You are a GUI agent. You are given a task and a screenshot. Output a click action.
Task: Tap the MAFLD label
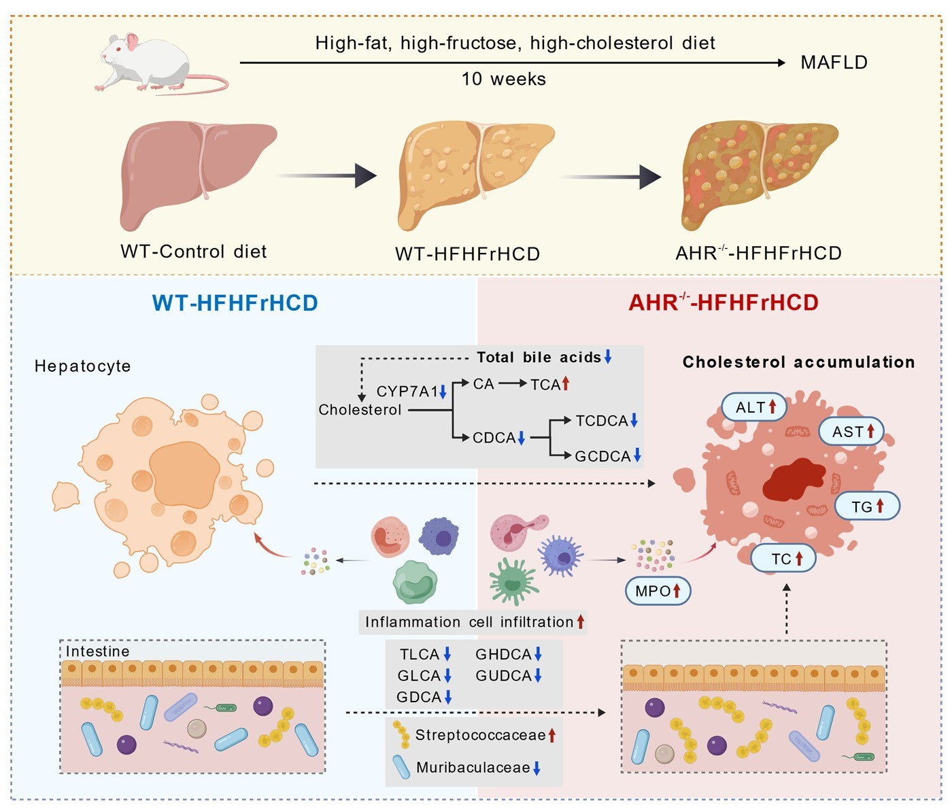pos(834,63)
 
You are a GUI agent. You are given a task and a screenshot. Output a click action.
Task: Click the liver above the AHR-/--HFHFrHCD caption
pos(758,173)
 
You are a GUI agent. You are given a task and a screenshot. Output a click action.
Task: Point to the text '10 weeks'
pos(503,79)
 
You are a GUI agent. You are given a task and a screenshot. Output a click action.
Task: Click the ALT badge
pos(754,407)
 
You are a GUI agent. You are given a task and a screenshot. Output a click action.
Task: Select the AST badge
pos(851,432)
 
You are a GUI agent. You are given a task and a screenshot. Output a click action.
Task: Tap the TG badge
pos(867,506)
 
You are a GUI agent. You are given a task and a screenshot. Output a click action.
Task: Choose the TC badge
pos(783,559)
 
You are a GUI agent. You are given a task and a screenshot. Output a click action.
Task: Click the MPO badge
pos(658,591)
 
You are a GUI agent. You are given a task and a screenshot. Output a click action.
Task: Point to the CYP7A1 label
pos(407,392)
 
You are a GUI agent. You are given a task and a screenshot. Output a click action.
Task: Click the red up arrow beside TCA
pos(566,383)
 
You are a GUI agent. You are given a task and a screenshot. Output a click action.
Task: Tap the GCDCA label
pos(602,456)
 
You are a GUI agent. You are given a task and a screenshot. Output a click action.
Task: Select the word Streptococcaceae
pos(480,735)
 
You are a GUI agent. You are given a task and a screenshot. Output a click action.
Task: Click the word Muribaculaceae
pos(473,767)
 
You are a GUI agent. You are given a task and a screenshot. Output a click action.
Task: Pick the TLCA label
pos(420,654)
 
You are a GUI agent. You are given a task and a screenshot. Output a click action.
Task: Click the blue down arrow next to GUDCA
pos(538,676)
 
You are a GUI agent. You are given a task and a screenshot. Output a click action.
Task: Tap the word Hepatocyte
pos(82,366)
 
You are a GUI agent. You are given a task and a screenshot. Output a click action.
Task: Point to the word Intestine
pos(97,651)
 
